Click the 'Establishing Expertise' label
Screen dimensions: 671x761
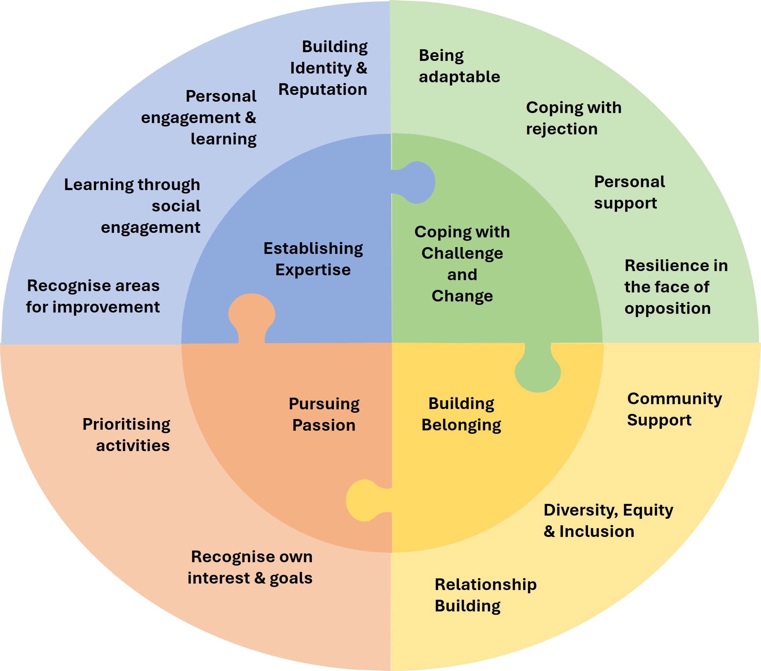313,259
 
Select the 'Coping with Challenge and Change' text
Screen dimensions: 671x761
462,264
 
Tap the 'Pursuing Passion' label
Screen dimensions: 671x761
324,414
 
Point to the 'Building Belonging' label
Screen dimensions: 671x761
461,414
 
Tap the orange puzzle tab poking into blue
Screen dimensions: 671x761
252,314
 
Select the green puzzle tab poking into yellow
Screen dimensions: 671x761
538,372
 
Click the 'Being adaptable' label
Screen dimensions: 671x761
459,66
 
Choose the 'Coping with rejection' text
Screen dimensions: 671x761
573,118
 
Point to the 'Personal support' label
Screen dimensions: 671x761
629,192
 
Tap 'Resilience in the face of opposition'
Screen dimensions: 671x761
676,287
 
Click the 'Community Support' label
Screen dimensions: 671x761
674,409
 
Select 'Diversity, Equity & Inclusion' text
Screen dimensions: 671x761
608,520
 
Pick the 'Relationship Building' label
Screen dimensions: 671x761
486,595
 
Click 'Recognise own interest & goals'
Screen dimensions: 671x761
250,567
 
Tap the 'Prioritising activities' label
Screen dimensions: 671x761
127,435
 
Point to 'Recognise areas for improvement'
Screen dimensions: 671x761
93,296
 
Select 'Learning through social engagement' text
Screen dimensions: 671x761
133,206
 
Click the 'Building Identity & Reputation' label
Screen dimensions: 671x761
323,68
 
